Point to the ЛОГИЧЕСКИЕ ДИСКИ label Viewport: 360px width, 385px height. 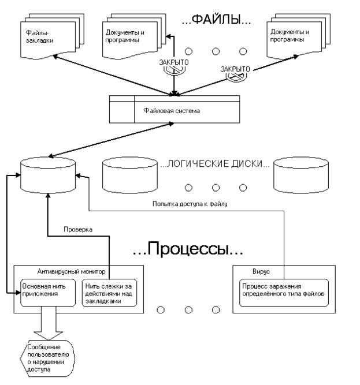214,164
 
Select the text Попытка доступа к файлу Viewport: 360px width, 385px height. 190,203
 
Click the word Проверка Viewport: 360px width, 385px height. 78,229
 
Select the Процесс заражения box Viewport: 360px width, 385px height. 283,289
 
